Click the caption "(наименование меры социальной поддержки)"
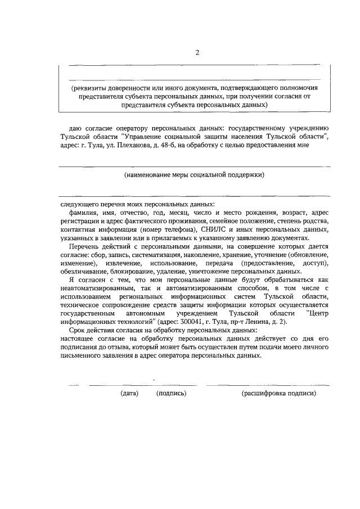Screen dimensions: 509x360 (194, 175)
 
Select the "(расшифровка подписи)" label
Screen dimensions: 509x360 (278, 394)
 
